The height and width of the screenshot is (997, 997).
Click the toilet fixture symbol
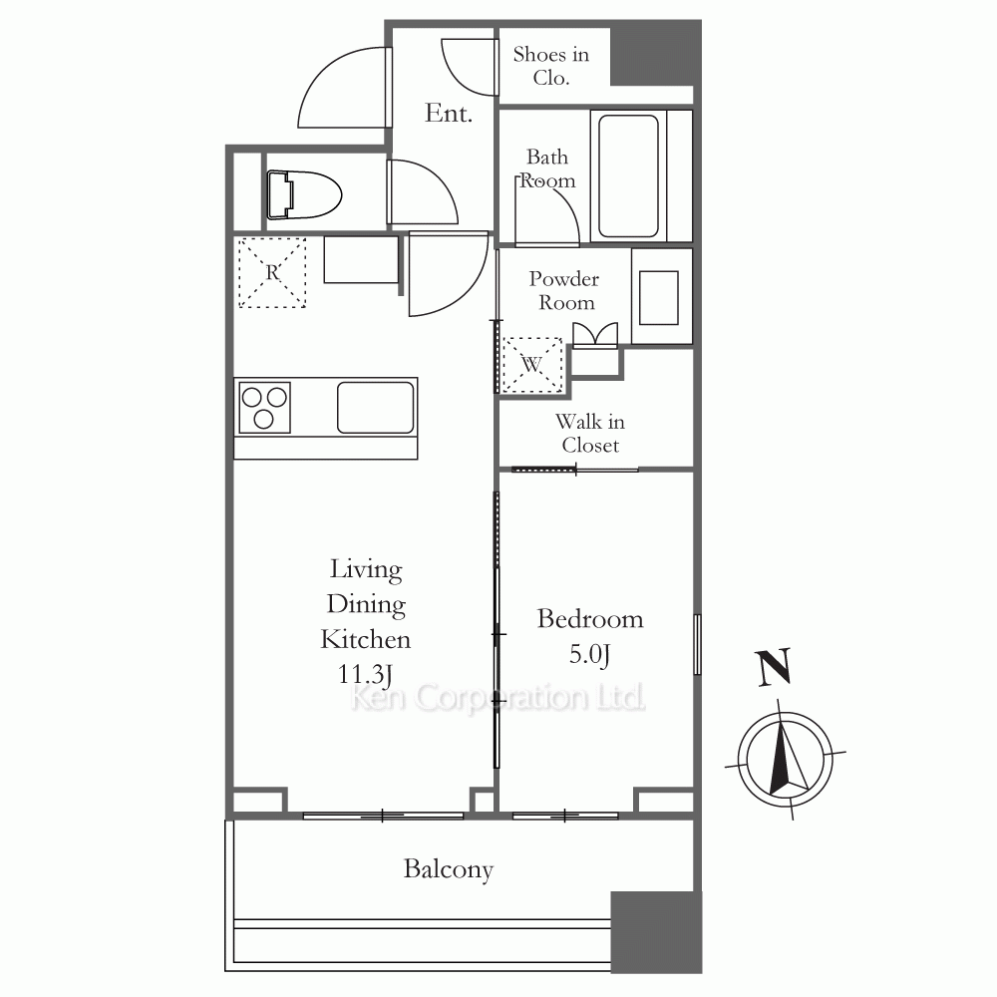304,194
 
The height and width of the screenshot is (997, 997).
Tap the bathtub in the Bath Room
628,176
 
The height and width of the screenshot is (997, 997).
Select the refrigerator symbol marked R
272,273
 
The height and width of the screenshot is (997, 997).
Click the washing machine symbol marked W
532,365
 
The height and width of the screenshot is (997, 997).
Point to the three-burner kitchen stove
264,408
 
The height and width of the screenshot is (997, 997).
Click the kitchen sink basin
375,408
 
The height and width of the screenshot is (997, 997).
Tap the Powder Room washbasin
659,297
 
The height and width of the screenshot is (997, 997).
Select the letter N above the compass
774,667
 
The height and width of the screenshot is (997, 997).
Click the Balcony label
449,869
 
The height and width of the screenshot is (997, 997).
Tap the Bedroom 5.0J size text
590,654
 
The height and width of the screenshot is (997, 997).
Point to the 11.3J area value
365,675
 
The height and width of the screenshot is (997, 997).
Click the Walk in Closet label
590,433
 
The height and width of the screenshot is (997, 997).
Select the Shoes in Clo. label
550,66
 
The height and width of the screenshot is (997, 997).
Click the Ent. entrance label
449,114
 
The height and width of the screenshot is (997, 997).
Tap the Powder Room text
564,290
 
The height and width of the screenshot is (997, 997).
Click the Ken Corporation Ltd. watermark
498,697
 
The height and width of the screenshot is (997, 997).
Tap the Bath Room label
547,168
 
